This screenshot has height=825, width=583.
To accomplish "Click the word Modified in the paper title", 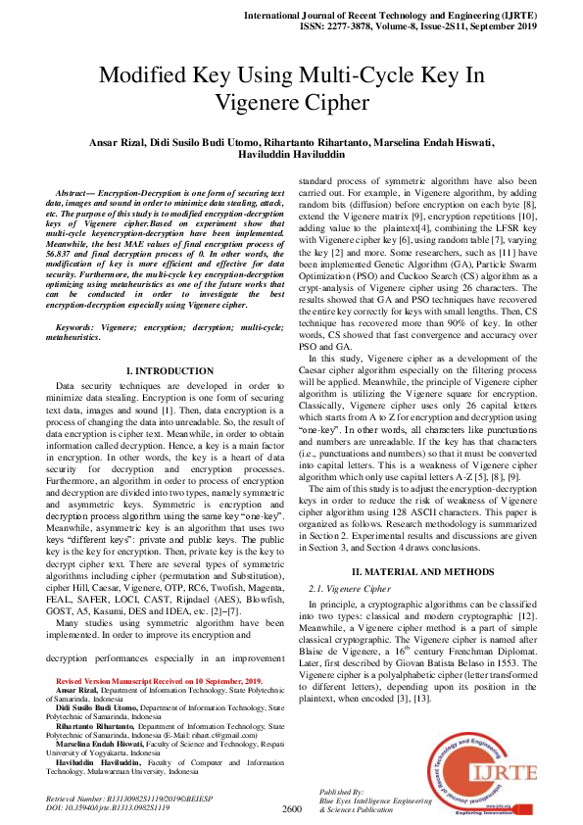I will [146, 76].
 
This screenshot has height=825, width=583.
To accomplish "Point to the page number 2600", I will [291, 809].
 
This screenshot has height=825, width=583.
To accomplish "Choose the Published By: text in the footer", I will [343, 791].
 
